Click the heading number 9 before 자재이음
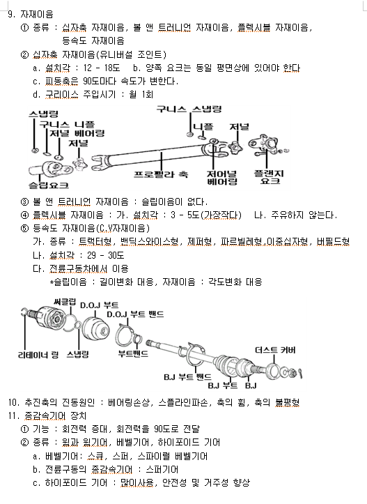click(10, 14)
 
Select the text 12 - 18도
click(102, 68)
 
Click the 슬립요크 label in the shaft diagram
click(49, 185)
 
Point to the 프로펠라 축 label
click(161, 174)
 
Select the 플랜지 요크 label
click(269, 177)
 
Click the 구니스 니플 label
click(67, 124)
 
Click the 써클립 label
click(65, 302)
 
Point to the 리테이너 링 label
click(38, 355)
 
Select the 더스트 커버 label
click(275, 350)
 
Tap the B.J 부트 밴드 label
click(187, 376)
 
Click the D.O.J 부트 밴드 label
click(135, 314)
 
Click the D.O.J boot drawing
click(95, 328)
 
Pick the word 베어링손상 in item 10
click(128, 402)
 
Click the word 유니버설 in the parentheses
click(116, 54)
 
